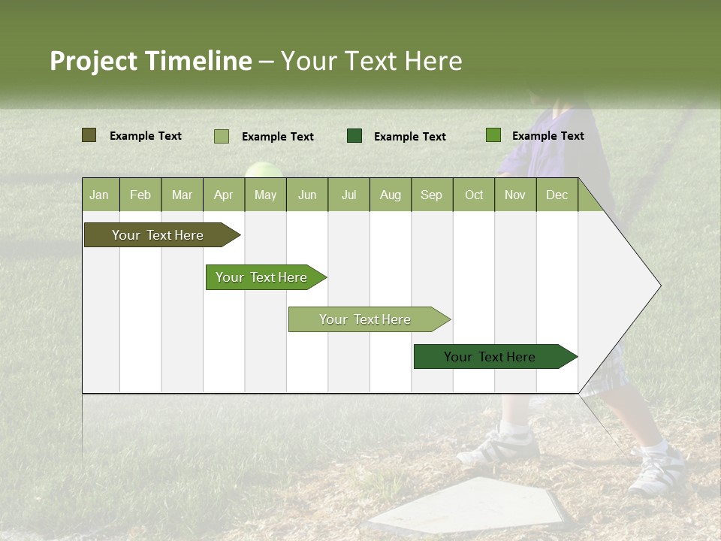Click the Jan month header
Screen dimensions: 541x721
pos(99,195)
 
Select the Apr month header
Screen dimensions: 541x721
pos(223,195)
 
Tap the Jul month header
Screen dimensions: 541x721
pos(348,195)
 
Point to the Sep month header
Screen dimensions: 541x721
pos(431,195)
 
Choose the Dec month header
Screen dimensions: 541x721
pos(557,195)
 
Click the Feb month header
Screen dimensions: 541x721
pos(140,195)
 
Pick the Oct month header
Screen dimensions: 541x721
pos(474,195)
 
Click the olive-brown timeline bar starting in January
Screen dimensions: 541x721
pos(158,235)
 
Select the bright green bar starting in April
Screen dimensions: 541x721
pos(261,277)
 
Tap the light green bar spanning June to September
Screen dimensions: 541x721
pos(365,319)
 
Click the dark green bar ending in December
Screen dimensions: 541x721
pos(490,357)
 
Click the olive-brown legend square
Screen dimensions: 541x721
pos(89,135)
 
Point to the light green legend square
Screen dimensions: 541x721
pos(221,136)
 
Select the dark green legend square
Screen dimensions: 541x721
pos(354,136)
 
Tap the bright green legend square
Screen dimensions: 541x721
pos(493,135)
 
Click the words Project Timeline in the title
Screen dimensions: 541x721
pos(150,61)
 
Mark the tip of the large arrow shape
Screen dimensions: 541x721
pos(659,286)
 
